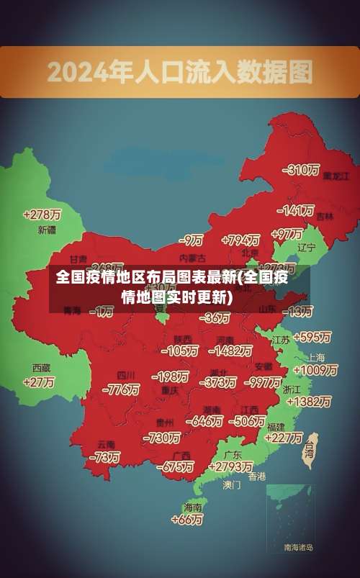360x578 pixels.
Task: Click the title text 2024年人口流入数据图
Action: [x=180, y=73]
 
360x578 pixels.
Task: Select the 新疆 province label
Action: [x=47, y=230]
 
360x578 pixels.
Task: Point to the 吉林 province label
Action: [x=325, y=216]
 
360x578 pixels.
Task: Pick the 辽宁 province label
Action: [x=307, y=248]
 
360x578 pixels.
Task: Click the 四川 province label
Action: [x=126, y=375]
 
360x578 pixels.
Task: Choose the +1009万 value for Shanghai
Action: [x=315, y=370]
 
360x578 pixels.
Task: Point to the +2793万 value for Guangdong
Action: [x=230, y=467]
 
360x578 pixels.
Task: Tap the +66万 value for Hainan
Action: [x=187, y=519]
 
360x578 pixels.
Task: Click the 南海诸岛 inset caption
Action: [x=298, y=548]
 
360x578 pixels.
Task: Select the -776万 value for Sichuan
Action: [x=121, y=389]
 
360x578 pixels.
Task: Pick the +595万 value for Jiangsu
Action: [x=311, y=337]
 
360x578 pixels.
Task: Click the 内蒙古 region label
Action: [x=192, y=257]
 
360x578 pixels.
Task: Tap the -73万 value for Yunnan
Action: [x=104, y=457]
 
